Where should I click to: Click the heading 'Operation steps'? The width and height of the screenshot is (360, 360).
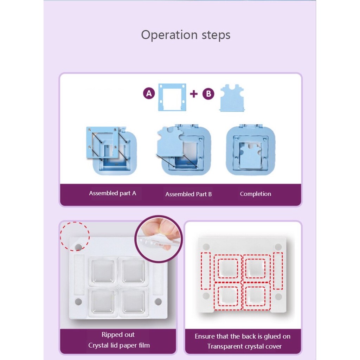pos(186,35)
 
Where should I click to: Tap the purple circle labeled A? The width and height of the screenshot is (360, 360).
pos(149,94)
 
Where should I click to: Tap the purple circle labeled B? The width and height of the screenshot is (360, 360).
pos(208,94)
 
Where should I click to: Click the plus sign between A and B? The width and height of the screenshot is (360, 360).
pos(194,94)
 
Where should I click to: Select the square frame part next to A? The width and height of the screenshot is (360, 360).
pos(172,97)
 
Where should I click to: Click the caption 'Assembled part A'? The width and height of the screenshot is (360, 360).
pos(112,193)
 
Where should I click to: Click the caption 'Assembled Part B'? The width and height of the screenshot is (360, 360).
pos(188,194)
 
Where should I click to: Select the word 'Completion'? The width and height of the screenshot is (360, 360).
pos(256,194)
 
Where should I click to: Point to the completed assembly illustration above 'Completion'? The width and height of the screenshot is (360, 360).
pos(250,150)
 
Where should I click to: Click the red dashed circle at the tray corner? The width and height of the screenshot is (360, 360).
pos(75,236)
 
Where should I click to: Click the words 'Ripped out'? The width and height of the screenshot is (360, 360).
pos(118,335)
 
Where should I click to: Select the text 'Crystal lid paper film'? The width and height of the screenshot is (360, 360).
pos(119,345)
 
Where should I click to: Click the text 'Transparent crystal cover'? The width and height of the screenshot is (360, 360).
pos(244,346)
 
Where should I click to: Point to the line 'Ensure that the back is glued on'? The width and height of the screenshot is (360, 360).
pos(243,336)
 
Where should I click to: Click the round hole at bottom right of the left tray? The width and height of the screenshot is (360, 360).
pos(158,301)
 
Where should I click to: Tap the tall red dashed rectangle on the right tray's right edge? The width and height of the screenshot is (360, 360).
pos(278,270)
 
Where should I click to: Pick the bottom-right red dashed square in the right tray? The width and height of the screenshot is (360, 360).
pos(256,297)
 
